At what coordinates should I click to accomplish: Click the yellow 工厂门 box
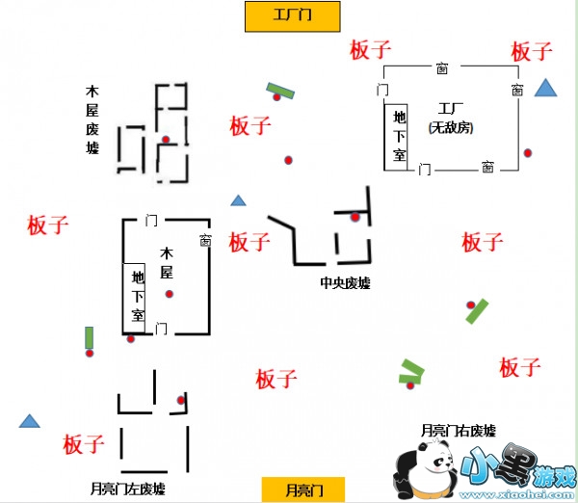click(x=293, y=15)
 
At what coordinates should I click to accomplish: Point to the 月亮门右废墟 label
click(x=459, y=431)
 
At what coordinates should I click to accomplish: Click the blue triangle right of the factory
click(x=546, y=90)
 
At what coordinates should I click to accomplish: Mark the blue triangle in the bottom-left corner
click(x=30, y=421)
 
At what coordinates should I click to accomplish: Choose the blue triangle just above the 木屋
click(x=238, y=200)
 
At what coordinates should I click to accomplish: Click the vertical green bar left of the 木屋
click(x=90, y=337)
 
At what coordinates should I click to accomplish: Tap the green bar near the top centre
click(x=280, y=92)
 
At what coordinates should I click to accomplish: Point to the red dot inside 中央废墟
click(x=355, y=217)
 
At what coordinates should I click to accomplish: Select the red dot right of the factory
click(x=527, y=153)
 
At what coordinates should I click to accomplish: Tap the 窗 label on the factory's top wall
click(x=441, y=68)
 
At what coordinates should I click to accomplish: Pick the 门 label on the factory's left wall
click(x=382, y=90)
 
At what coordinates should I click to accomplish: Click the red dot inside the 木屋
click(x=170, y=294)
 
